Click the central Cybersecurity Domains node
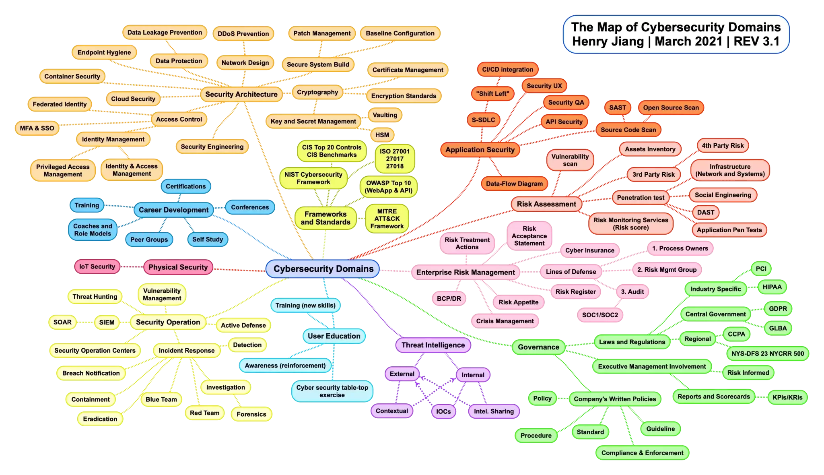coord(323,269)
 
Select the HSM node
coord(382,135)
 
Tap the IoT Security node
coord(97,266)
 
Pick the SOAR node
coord(62,322)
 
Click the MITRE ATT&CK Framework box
coord(387,219)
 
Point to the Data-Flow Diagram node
coord(514,184)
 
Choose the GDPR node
coord(778,309)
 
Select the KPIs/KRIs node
coord(787,397)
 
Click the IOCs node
coord(443,411)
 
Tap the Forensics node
coord(251,414)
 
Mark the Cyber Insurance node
coord(589,250)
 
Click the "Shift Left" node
coord(492,94)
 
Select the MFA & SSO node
coord(37,128)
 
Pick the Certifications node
coord(186,186)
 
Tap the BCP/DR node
coord(449,299)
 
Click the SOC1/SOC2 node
coord(600,315)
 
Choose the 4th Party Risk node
coord(723,146)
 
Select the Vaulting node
coord(385,115)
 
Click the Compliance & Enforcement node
coord(642,453)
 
